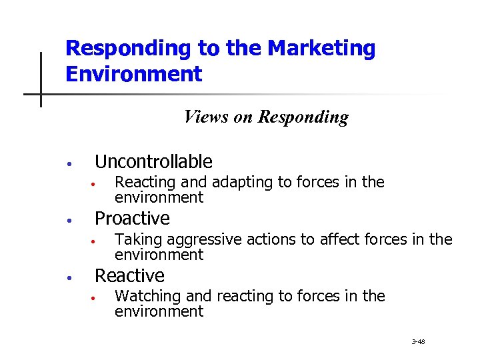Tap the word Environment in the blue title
(x=133, y=73)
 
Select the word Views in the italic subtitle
(x=206, y=117)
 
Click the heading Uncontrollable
(x=153, y=161)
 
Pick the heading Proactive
(x=132, y=218)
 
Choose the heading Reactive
(x=129, y=275)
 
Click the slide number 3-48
(x=418, y=342)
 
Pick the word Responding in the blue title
(x=127, y=48)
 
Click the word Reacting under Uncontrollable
(x=143, y=183)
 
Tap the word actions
(x=305, y=240)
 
